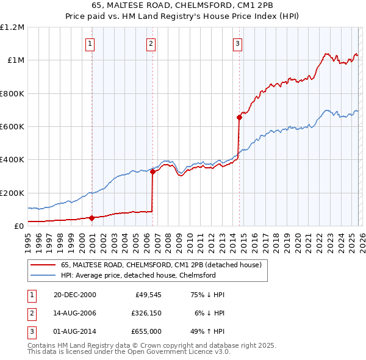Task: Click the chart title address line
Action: point(183,6)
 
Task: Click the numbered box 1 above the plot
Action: point(90,43)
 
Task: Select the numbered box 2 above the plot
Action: point(151,43)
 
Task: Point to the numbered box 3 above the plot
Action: point(237,43)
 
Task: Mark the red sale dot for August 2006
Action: point(152,172)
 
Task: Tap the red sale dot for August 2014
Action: point(239,118)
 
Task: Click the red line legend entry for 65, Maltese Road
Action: point(161,265)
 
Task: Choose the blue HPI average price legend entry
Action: point(138,275)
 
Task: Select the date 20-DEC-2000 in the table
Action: point(75,295)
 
